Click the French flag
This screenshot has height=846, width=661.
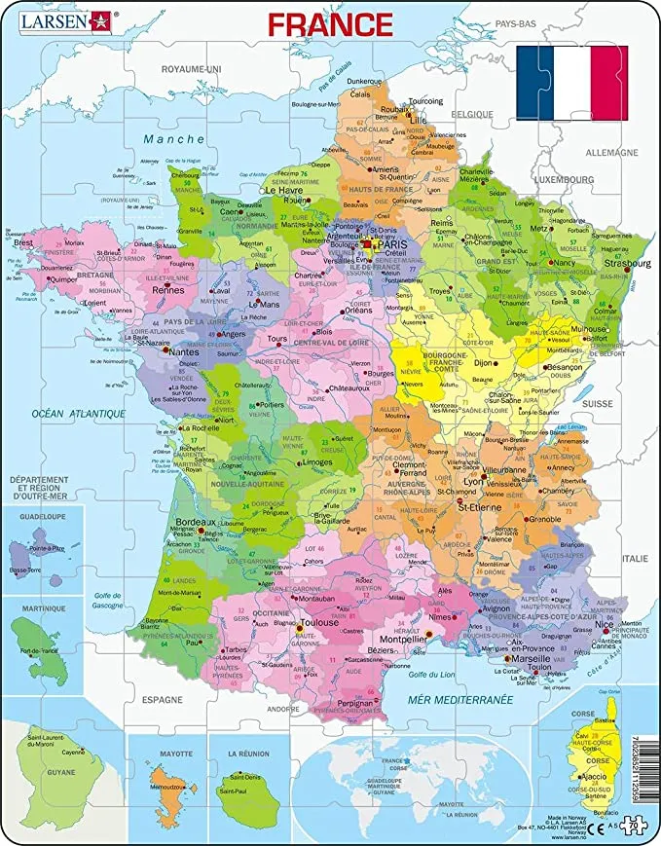pos(571,83)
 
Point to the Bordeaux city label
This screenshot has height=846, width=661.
pos(194,523)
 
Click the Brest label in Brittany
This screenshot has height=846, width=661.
pos(21,243)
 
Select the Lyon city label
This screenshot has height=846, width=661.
pos(473,481)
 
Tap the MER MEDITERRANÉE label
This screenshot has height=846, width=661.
pos(473,699)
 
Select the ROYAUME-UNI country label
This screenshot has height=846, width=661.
pos(192,69)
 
